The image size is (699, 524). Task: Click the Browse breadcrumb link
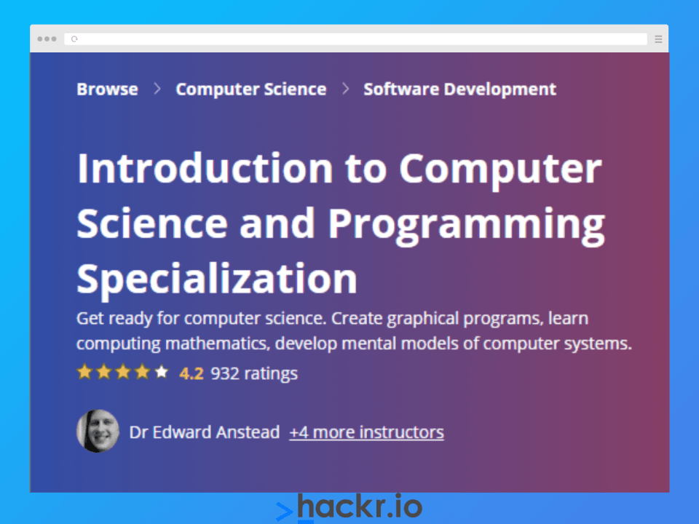tap(107, 90)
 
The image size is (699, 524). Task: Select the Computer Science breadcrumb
tap(250, 90)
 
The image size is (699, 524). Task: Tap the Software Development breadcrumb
tap(459, 90)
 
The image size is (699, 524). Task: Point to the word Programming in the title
tap(466, 223)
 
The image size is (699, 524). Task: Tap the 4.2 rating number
tap(191, 374)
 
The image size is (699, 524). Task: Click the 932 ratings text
tap(254, 374)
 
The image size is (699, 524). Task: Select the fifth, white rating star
tap(162, 373)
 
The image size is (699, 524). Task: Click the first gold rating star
tap(84, 373)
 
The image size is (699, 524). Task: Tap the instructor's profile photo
tap(98, 432)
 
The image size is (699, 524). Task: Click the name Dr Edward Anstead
tap(204, 432)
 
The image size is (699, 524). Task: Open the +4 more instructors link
tap(366, 432)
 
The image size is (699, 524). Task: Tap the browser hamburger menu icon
tap(658, 39)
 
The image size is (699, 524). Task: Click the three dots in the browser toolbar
tap(47, 39)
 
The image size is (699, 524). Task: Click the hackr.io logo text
tap(360, 507)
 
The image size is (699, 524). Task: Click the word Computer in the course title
tap(500, 169)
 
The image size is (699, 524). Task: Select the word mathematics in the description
tap(210, 343)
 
